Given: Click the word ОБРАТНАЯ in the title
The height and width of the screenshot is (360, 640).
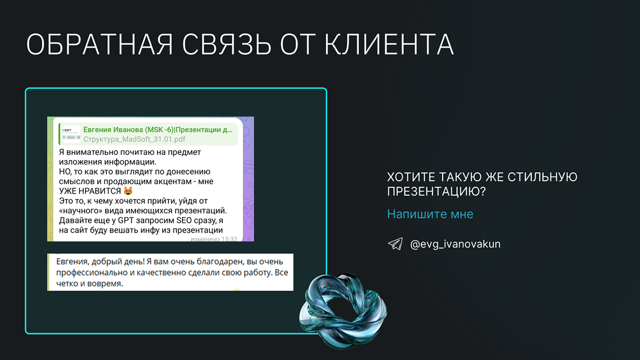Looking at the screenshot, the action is coord(99,44).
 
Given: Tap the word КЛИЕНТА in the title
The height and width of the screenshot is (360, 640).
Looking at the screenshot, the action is coord(389,44).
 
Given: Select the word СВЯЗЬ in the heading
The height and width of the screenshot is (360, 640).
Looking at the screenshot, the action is coord(227,44).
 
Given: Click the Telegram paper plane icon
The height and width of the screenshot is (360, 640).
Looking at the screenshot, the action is coord(395,244).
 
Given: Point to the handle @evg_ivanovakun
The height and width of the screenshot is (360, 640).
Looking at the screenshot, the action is coord(455,244).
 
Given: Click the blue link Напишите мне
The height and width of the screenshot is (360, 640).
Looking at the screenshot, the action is coord(430,214).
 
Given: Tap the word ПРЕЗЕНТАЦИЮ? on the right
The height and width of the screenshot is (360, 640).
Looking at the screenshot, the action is coord(436,191).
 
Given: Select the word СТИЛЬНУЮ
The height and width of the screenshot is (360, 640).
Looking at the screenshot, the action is coord(542,177).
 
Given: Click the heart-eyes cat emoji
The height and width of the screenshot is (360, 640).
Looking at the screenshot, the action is coord(129,190).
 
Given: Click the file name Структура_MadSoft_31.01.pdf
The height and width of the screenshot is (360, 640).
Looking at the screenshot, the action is coord(134,139).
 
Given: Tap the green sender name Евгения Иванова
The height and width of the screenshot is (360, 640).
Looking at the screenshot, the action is coord(113,130).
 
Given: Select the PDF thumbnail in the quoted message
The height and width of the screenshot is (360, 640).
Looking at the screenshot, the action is coord(71,134).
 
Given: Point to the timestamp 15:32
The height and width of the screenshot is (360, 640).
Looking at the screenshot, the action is coord(229,239).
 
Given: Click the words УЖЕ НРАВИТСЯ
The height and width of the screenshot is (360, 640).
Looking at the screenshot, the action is coord(90,191).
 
